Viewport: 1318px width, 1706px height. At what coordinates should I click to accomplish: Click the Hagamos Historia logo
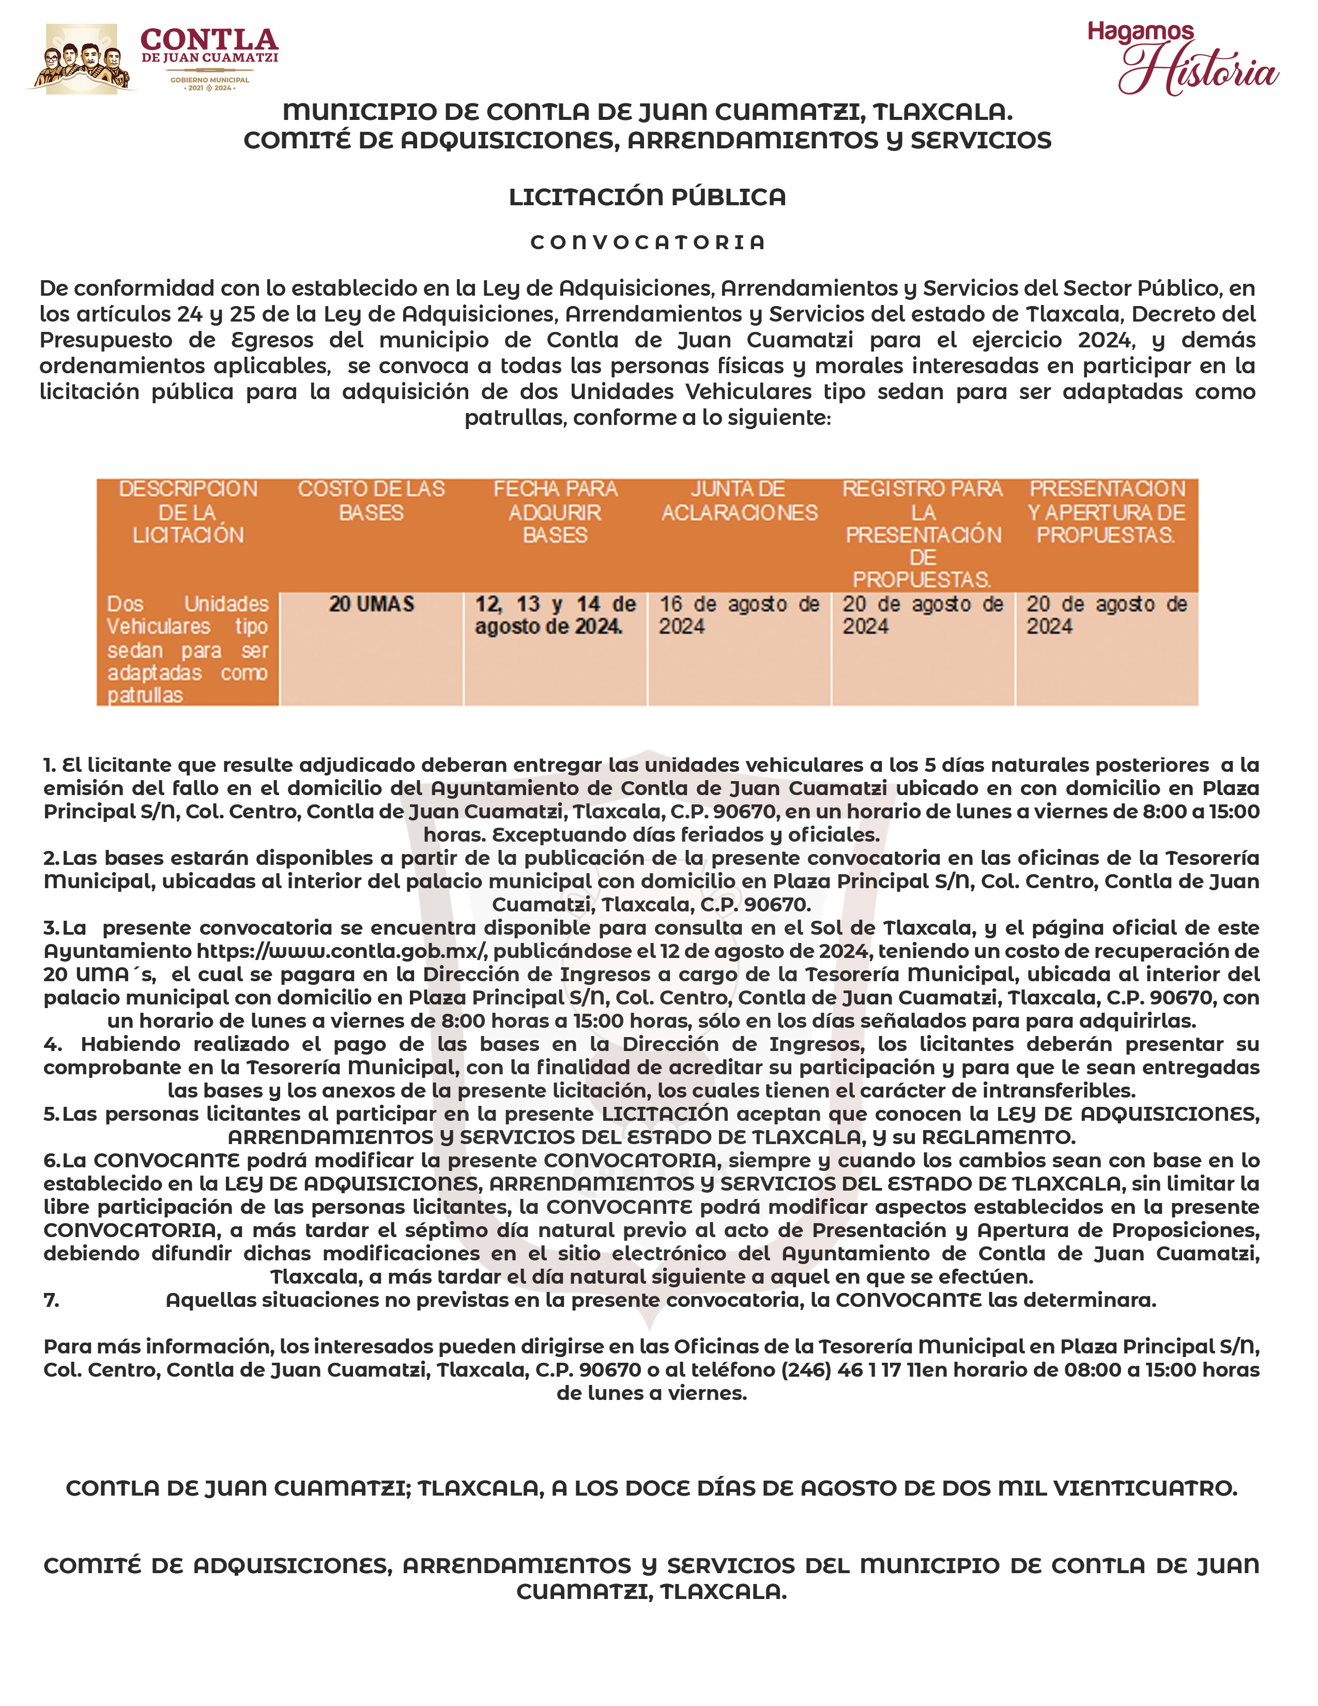pyautogui.click(x=1182, y=58)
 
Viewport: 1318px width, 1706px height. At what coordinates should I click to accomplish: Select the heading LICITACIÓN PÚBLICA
pyautogui.click(x=647, y=197)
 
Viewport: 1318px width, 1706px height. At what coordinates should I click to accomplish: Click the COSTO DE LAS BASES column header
pyautogui.click(x=371, y=501)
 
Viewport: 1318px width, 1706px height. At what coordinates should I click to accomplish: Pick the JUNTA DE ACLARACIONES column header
pyautogui.click(x=739, y=501)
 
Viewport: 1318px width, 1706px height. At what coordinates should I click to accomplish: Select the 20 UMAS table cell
pyautogui.click(x=371, y=604)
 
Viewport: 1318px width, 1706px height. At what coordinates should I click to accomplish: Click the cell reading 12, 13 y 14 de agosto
pyautogui.click(x=555, y=615)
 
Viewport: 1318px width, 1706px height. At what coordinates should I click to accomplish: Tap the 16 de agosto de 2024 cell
pyautogui.click(x=739, y=615)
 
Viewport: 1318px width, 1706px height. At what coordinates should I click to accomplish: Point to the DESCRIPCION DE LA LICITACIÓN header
pyautogui.click(x=188, y=512)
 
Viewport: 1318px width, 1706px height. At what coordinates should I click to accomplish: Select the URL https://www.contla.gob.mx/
pyautogui.click(x=342, y=951)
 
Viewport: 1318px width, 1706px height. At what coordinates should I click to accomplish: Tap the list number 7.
pyautogui.click(x=52, y=1300)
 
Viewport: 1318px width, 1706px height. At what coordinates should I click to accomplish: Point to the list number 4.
pyautogui.click(x=52, y=1044)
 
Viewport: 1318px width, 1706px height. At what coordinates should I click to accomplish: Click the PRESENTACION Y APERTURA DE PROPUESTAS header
pyautogui.click(x=1107, y=512)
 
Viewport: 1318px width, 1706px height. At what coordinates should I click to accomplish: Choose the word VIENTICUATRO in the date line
pyautogui.click(x=1145, y=1488)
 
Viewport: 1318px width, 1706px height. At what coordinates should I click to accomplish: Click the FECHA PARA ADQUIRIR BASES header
pyautogui.click(x=555, y=512)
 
